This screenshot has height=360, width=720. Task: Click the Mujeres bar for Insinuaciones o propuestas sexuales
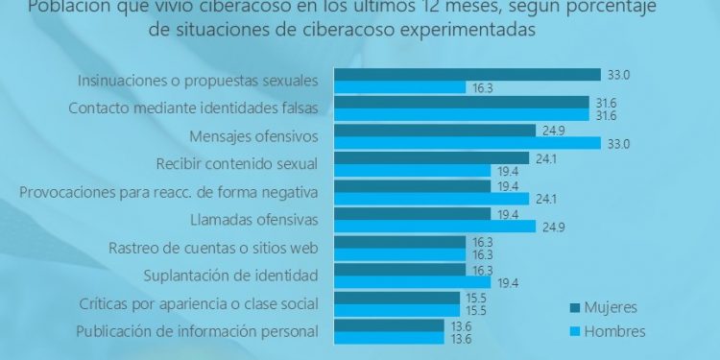466,75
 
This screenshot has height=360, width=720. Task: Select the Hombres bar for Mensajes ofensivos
466,143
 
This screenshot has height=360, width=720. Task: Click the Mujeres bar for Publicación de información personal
388,325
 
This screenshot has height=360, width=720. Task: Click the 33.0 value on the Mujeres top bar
617,74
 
